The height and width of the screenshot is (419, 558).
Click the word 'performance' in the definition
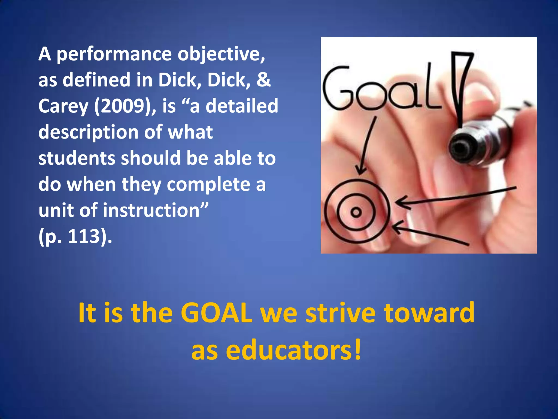point(114,55)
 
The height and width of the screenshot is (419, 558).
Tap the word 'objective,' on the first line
point(221,55)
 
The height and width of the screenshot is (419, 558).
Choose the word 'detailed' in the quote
point(242,106)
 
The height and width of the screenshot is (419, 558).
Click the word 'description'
point(88,133)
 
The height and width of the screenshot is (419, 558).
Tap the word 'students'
point(77,158)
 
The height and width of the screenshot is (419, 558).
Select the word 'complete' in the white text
point(208,184)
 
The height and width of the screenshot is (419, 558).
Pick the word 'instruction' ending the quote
point(151,210)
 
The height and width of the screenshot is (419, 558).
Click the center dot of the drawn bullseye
point(356,212)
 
